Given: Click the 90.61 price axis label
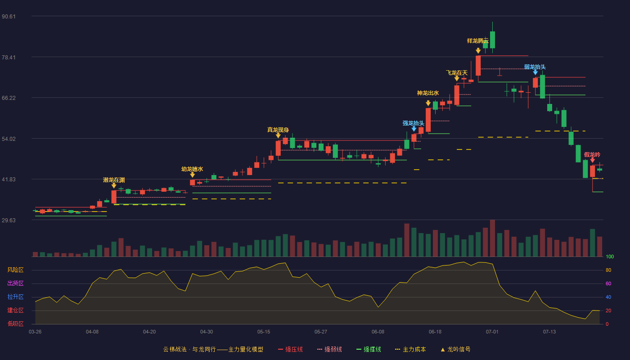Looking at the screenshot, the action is (x=9, y=17).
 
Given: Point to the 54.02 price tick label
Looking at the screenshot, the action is (x=9, y=139).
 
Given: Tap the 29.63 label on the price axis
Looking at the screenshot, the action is (x=9, y=220).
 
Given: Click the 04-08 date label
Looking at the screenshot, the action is (x=92, y=332).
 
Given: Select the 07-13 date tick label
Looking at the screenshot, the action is (x=549, y=332).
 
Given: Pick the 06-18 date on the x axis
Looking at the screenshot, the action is (x=435, y=332).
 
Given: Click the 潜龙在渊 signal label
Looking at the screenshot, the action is (x=114, y=180).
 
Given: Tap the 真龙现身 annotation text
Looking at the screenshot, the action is (x=278, y=130).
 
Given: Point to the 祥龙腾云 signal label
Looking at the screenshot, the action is (x=478, y=41).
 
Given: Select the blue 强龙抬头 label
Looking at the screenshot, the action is (x=413, y=123).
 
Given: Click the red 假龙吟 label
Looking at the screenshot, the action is (x=592, y=155).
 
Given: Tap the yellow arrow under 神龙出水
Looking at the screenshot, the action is (x=428, y=103).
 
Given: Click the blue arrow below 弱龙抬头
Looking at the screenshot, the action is (x=535, y=72).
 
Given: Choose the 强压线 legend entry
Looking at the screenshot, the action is (x=290, y=349).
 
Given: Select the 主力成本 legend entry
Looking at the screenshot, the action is (x=410, y=349).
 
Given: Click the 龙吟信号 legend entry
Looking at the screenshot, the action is (x=455, y=349).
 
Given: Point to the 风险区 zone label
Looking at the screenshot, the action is (x=15, y=270).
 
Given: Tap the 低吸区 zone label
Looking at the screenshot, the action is (x=15, y=324).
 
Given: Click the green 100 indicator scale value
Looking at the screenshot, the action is (x=610, y=256).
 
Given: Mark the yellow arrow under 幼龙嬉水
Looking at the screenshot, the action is (x=193, y=175).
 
